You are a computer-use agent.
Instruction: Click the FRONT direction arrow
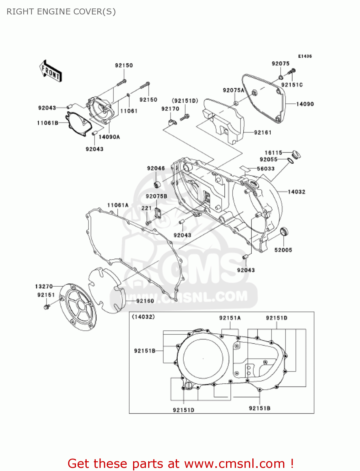pos(50,71)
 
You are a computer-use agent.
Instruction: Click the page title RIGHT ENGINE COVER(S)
pos(61,12)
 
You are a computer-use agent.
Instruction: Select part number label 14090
pos(305,104)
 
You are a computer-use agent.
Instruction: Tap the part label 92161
pos(263,133)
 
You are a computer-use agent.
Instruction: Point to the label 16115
pos(273,153)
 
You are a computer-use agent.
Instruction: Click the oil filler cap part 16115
pos(296,154)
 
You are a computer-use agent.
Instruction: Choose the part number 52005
pos(283,250)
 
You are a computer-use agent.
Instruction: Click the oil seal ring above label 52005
pos(284,232)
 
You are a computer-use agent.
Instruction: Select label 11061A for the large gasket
pos(118,205)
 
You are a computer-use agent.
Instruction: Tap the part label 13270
pos(44,286)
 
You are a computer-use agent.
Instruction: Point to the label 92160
pos(145,301)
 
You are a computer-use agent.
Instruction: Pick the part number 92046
pos(156,168)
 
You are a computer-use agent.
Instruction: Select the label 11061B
pos(48,123)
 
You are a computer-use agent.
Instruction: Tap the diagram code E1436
pos(305,56)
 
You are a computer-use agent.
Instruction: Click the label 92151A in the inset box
pos(230,318)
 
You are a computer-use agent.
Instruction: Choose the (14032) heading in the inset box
pos(143,317)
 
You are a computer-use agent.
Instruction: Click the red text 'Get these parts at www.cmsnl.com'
pos(180,463)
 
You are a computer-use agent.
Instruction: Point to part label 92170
pos(170,109)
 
